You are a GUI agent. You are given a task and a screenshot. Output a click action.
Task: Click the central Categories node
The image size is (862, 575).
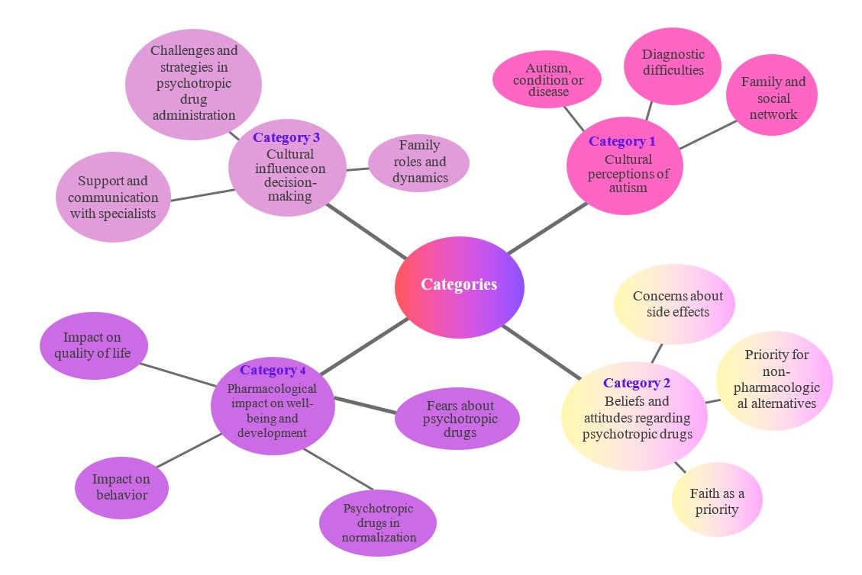[459, 285]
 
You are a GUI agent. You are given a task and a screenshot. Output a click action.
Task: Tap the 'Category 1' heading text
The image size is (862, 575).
[621, 141]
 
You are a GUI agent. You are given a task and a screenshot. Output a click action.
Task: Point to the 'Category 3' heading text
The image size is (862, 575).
[286, 138]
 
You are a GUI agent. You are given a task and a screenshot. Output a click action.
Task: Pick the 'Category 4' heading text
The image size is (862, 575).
[273, 371]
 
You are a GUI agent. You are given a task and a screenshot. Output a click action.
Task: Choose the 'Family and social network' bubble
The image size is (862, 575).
[773, 96]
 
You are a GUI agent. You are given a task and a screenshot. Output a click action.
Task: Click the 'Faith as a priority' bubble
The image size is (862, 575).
[717, 500]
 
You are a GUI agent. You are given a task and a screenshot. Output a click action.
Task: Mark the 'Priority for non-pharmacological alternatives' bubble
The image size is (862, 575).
[774, 379]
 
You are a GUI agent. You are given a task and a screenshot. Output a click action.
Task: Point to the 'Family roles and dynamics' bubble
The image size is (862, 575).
[419, 162]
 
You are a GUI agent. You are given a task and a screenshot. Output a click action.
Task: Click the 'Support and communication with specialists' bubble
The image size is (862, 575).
[113, 198]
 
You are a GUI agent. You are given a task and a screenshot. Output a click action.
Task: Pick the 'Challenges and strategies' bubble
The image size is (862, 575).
[193, 83]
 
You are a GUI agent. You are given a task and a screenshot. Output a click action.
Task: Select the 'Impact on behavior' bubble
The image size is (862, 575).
[121, 487]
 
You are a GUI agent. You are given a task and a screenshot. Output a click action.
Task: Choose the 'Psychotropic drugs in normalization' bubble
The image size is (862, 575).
[378, 522]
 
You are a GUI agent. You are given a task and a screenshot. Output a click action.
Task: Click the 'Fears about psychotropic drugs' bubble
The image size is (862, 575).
[458, 419]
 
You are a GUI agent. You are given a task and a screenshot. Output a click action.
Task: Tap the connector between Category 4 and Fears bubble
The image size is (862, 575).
[365, 405]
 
